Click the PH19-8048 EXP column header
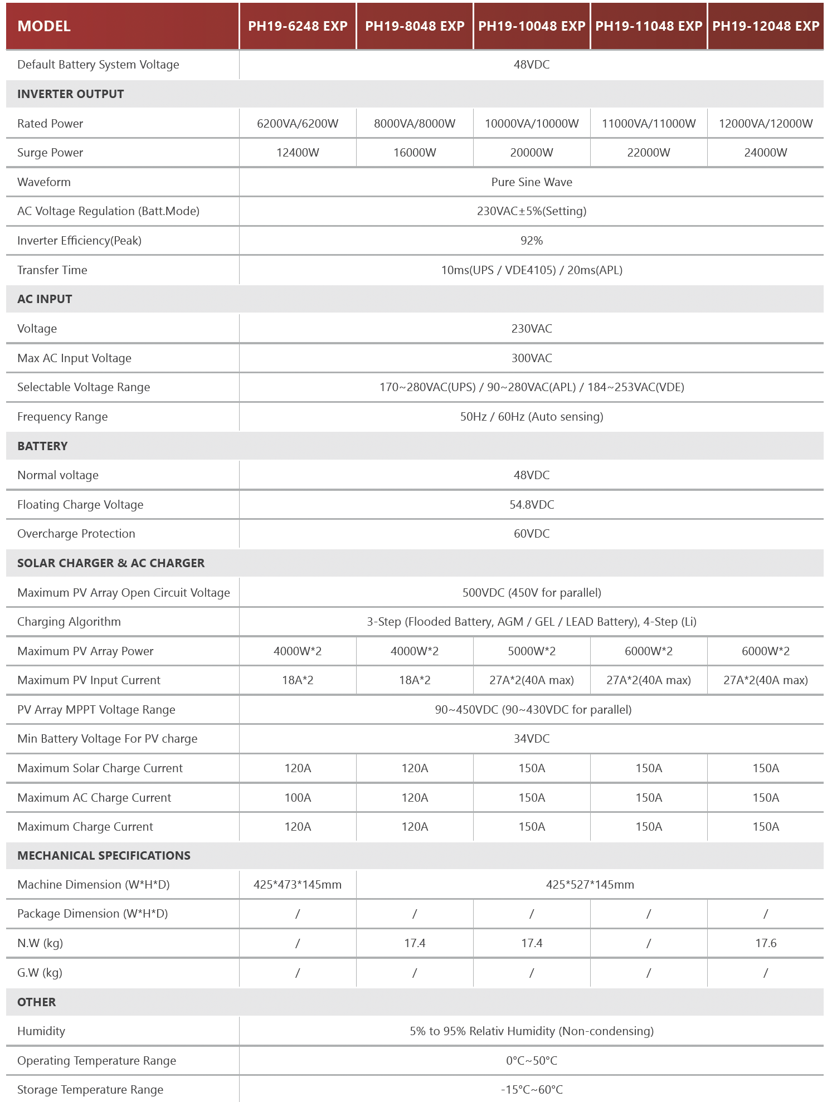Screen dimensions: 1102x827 coord(415,26)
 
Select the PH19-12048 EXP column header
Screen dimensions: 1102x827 coord(766,26)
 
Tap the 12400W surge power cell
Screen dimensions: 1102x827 coord(298,153)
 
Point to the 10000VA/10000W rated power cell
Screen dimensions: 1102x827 coord(532,124)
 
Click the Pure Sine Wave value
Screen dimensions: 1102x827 coord(532,182)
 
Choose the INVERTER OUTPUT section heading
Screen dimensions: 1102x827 coord(70,94)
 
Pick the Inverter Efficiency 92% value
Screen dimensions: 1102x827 coord(532,241)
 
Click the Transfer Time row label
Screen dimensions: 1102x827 coord(52,270)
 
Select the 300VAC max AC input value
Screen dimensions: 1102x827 coord(532,358)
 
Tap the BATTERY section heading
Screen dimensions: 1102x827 coord(42,446)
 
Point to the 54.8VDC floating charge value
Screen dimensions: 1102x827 coord(532,505)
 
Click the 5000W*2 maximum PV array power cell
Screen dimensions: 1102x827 coord(532,651)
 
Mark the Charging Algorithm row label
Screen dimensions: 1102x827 coord(69,622)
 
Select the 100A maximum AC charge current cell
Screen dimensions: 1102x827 coord(298,798)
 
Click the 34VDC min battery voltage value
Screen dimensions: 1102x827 coord(532,739)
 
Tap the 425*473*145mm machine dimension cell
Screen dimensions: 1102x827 coord(298,885)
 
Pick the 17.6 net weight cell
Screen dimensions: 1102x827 coord(766,943)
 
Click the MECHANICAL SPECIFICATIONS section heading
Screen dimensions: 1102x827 coord(104,856)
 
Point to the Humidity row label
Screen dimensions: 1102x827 coord(41,1031)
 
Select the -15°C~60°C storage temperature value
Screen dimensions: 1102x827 coord(532,1090)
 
